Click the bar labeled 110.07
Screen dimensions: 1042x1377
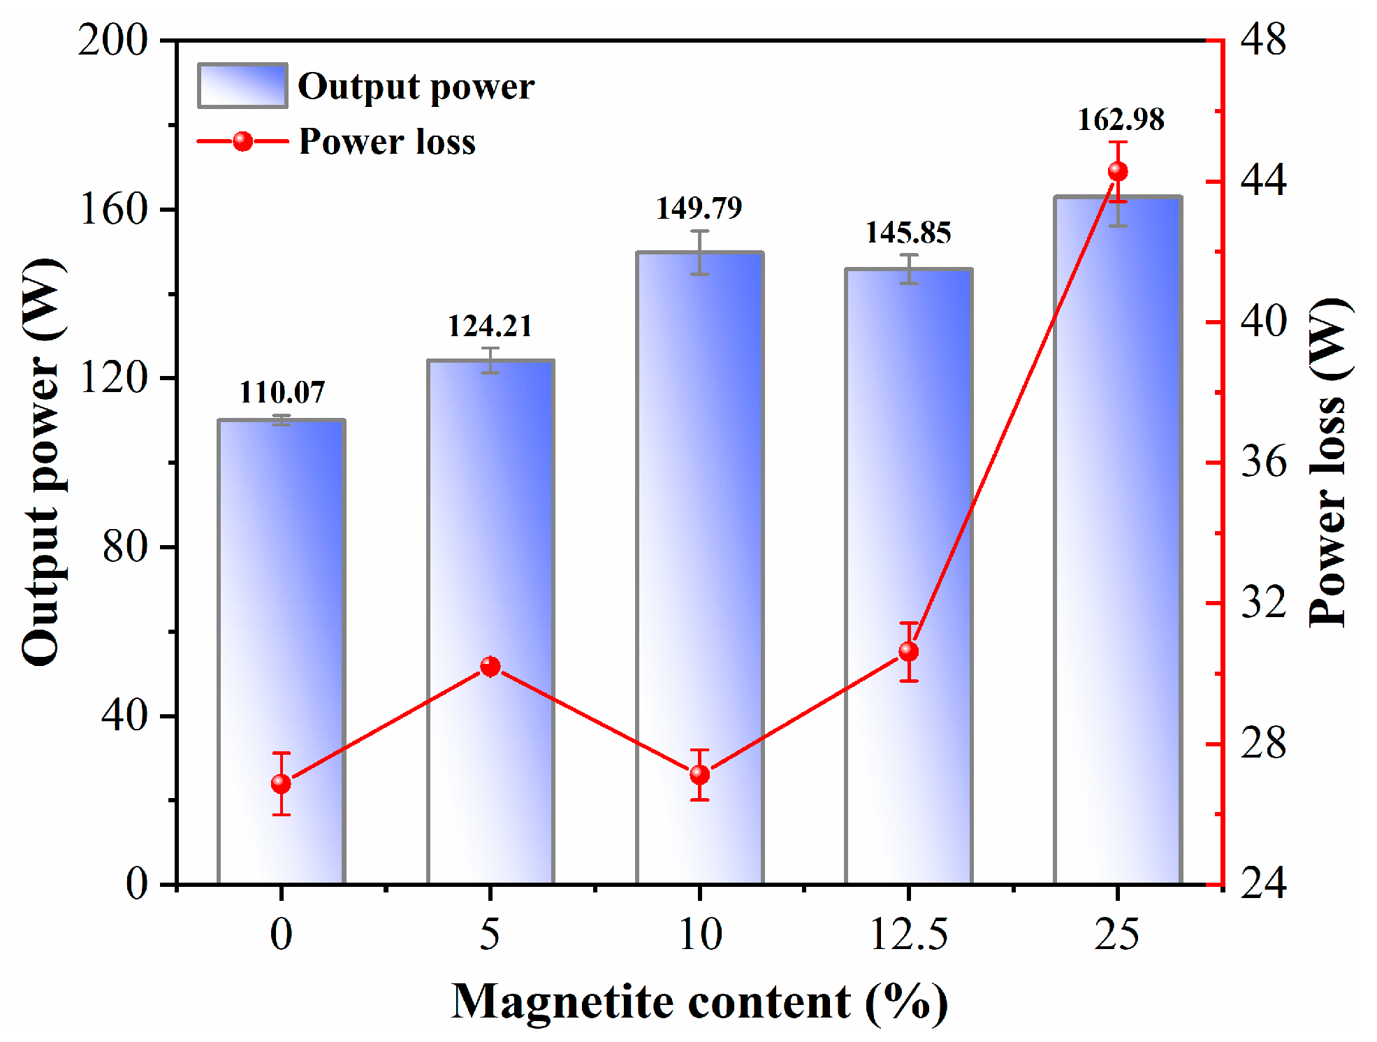(281, 650)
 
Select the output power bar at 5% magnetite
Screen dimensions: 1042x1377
(490, 622)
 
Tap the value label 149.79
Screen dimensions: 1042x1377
(699, 208)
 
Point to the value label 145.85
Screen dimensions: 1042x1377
(908, 233)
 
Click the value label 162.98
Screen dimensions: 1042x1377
(1121, 120)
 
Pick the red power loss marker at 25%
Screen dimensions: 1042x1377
(1118, 171)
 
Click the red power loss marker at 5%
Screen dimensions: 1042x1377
(490, 667)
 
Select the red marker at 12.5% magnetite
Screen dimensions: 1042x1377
(908, 651)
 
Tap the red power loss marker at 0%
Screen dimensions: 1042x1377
(281, 783)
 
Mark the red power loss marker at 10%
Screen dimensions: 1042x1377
(699, 774)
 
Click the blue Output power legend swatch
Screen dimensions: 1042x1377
(242, 86)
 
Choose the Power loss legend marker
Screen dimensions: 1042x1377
(242, 142)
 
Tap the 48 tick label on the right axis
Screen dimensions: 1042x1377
(1263, 40)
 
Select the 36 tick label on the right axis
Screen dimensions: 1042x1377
(1263, 462)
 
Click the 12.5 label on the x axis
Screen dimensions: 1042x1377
(908, 934)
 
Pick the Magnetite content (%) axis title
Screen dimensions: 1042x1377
(699, 1002)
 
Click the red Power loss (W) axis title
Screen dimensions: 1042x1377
(1328, 463)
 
